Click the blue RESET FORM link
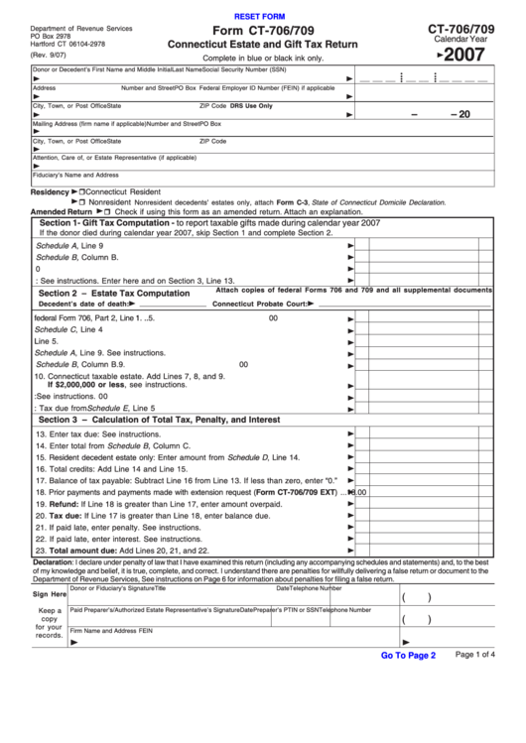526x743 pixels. click(258, 17)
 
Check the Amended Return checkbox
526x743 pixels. click(107, 211)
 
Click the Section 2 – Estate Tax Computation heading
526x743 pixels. click(113, 294)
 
